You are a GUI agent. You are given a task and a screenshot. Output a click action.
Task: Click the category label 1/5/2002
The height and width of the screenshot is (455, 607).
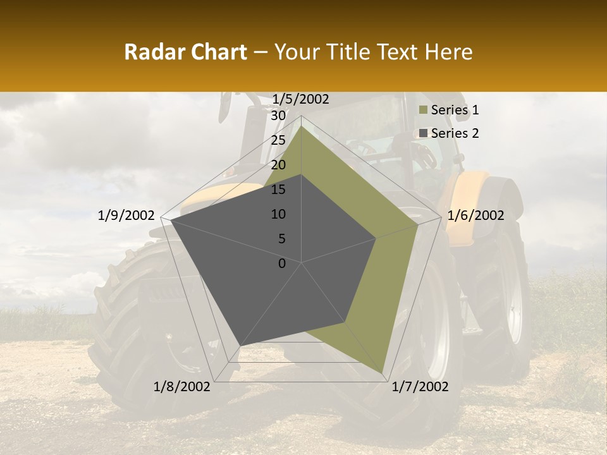point(301,99)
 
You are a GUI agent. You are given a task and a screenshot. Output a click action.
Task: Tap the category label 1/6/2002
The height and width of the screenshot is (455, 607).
point(475,215)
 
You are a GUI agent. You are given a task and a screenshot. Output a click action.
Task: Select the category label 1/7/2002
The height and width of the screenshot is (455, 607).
point(420,387)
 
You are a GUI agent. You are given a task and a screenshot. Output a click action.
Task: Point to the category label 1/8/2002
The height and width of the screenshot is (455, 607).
point(181,387)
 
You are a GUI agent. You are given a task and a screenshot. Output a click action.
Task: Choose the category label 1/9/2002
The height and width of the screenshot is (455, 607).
point(126,215)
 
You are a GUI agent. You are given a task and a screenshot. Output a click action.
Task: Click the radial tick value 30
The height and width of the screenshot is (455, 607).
point(278,116)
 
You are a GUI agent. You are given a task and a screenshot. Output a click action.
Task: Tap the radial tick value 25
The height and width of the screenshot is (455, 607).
point(278,140)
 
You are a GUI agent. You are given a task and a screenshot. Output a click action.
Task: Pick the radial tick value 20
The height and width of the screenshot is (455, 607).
point(278,165)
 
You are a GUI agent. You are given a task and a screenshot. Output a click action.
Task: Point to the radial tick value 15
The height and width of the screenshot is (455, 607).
point(278,190)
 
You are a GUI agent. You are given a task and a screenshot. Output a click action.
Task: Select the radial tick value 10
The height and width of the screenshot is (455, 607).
point(278,214)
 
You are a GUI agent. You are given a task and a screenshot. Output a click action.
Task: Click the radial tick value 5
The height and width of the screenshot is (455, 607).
point(281,239)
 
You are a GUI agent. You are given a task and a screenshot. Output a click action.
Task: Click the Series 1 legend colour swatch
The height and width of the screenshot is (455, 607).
point(424,111)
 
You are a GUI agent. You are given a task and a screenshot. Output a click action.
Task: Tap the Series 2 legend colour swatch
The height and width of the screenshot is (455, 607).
point(424,133)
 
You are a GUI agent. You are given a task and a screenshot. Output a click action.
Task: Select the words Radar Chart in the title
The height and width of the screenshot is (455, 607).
point(185,52)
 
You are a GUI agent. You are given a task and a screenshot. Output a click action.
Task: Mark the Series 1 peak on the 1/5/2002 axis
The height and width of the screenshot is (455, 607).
point(302,126)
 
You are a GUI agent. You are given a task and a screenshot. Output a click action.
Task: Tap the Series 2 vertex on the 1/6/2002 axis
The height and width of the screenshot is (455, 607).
point(376,238)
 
